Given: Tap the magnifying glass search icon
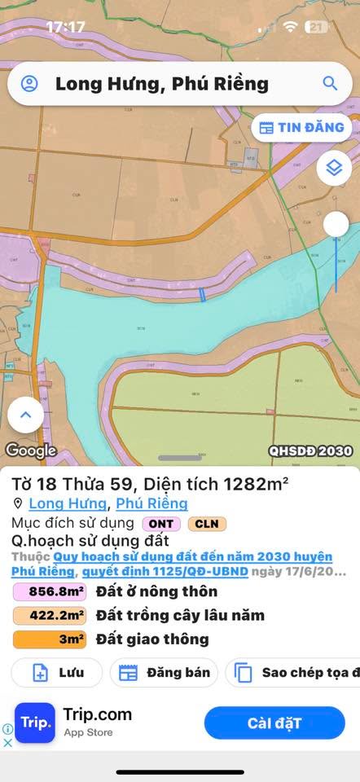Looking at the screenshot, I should click(330, 83).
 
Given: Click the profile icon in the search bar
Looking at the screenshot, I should click(30, 83).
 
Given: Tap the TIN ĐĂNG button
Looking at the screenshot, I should click(301, 127).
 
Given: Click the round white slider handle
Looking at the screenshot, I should click(336, 224).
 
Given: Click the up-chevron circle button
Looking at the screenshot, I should click(25, 415).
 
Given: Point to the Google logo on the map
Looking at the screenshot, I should click(30, 450).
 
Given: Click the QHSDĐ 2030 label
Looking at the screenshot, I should click(310, 450).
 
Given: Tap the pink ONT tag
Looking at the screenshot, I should click(161, 524).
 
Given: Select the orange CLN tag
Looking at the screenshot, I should click(207, 524).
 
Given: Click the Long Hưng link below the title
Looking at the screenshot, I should click(67, 503).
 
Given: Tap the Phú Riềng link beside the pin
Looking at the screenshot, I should click(151, 503).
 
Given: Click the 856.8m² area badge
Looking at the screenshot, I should click(49, 592).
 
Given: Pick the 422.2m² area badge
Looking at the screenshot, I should click(49, 616).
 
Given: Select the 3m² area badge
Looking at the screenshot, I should click(49, 639).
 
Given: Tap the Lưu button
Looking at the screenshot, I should click(56, 673).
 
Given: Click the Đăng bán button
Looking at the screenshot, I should click(164, 673).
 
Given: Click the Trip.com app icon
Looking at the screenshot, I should click(35, 723).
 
